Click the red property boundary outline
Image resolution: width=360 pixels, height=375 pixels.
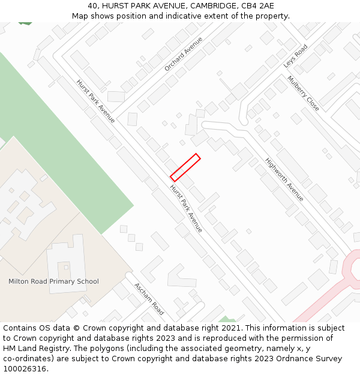tap(185, 167)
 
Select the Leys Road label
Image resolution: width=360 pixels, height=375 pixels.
tap(295, 56)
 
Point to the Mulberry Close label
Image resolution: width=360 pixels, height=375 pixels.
tap(303, 93)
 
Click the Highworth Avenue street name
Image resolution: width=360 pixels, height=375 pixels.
tap(284, 179)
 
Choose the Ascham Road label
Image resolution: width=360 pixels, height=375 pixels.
tap(149, 299)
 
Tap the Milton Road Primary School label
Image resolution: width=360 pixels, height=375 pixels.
tap(53, 281)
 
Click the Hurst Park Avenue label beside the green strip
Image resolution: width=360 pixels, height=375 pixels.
tap(95, 101)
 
